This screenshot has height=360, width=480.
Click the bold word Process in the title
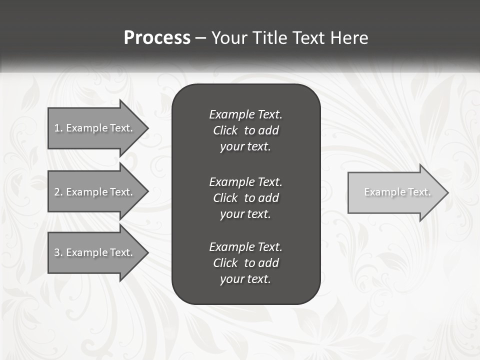pyautogui.click(x=157, y=38)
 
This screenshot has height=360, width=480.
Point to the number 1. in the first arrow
pyautogui.click(x=58, y=128)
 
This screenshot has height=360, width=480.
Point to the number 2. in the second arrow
pyautogui.click(x=58, y=192)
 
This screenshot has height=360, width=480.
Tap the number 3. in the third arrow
pyautogui.click(x=58, y=252)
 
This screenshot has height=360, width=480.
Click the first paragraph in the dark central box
pyautogui.click(x=245, y=130)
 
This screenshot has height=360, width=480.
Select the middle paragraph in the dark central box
pyautogui.click(x=245, y=197)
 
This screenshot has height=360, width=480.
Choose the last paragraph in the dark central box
pyautogui.click(x=245, y=263)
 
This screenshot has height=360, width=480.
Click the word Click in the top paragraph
pyautogui.click(x=225, y=130)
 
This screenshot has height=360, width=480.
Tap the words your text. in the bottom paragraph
pyautogui.click(x=245, y=279)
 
